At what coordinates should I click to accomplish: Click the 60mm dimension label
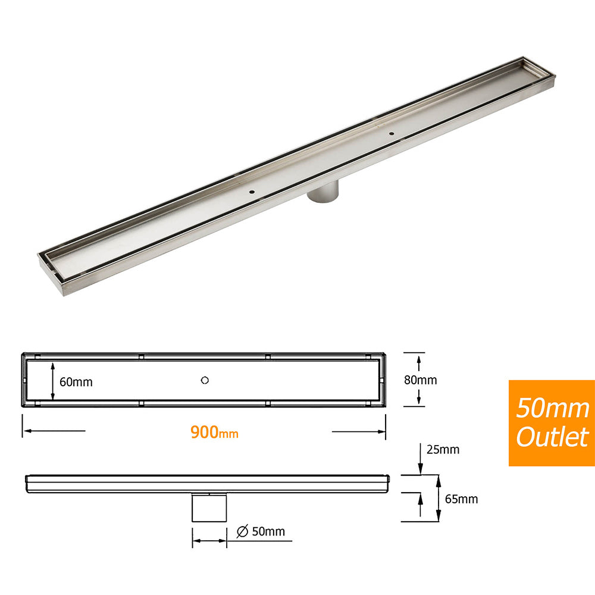[x=76, y=382]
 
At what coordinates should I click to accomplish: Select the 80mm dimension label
[x=420, y=380]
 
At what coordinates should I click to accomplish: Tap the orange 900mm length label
[x=214, y=432]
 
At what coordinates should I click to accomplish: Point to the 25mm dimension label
[x=443, y=450]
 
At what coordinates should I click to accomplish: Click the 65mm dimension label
[x=461, y=499]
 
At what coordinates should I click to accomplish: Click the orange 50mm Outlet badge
[x=552, y=422]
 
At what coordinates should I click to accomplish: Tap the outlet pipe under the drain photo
[x=324, y=193]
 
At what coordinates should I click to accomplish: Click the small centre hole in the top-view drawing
[x=205, y=380]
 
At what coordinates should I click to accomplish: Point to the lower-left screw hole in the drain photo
[x=251, y=192]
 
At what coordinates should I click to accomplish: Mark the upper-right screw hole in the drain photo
[x=392, y=133]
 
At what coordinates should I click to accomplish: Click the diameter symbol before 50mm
[x=242, y=532]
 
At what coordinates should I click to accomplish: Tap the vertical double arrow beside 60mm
[x=54, y=381]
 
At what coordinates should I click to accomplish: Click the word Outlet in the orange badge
[x=552, y=437]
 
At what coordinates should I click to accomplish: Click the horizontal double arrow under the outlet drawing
[x=209, y=541]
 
